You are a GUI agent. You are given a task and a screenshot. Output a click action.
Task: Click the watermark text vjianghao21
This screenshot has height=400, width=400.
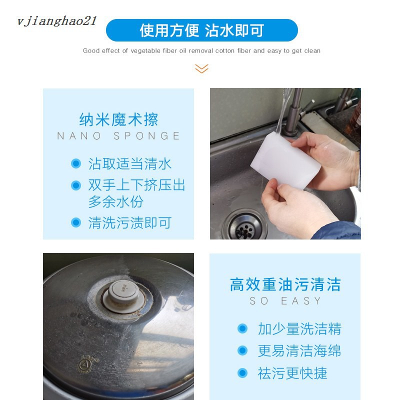[56, 21]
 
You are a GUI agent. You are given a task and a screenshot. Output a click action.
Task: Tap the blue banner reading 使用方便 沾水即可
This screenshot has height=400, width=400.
[202, 30]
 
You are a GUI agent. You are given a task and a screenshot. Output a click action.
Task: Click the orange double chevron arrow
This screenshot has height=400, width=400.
[201, 68]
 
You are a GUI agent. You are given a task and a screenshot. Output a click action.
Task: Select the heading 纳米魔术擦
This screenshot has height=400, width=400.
[118, 119]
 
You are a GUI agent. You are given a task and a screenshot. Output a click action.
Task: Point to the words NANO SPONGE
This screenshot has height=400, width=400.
[118, 135]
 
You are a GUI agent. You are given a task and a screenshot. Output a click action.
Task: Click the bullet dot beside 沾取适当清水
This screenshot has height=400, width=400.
[76, 163]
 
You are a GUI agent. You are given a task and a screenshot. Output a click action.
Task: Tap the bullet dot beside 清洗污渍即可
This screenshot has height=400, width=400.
[76, 222]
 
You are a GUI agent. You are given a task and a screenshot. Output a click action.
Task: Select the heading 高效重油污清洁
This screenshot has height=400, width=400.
[285, 284]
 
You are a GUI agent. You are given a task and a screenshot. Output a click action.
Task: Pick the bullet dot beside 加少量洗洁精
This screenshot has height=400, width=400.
[242, 328]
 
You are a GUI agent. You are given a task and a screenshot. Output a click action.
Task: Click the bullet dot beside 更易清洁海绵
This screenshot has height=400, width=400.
[242, 350]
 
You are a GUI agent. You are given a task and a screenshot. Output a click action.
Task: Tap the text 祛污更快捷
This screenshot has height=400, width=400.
[292, 373]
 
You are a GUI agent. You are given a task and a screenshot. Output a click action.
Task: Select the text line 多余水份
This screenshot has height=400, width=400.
[116, 202]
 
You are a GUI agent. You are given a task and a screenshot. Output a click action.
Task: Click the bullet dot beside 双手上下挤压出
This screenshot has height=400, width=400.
[76, 185]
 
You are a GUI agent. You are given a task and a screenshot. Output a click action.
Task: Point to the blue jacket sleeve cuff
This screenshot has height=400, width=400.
[336, 231]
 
